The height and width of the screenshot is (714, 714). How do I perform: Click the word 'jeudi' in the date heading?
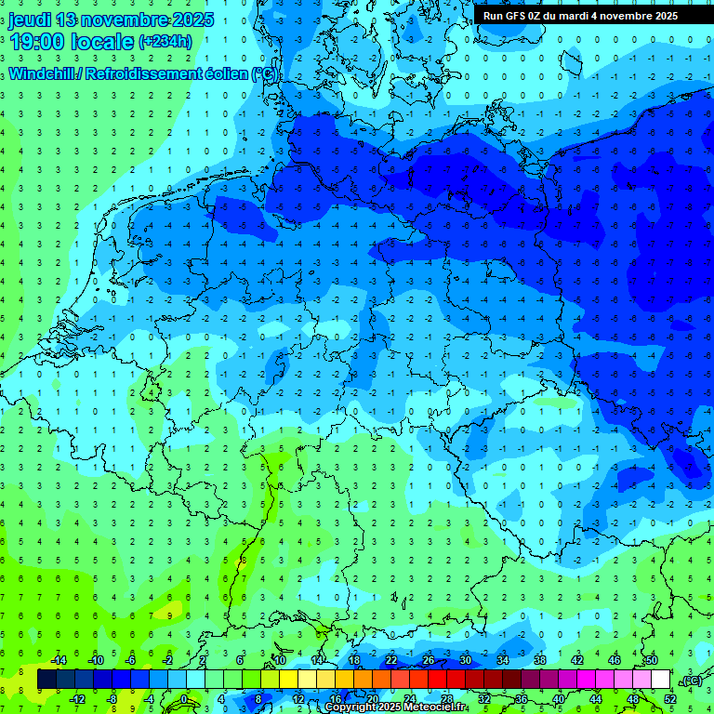tap(29, 20)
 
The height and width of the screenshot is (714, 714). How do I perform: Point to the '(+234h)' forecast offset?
tap(165, 41)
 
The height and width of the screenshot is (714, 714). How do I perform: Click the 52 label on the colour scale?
tap(669, 699)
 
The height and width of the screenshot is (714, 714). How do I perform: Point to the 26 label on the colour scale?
tap(428, 660)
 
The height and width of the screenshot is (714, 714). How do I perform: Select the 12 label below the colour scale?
tap(297, 699)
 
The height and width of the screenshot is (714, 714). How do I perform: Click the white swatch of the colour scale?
tap(660, 680)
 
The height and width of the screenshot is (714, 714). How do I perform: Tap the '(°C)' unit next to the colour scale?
tap(691, 681)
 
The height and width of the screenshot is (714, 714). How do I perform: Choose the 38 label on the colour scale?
tap(539, 660)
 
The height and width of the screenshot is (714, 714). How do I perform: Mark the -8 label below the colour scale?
tap(112, 699)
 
